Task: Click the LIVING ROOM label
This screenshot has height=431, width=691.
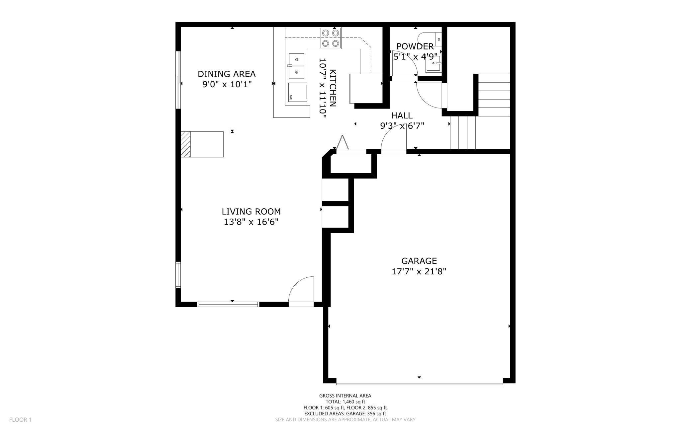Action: coord(251,211)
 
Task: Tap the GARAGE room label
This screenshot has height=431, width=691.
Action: coord(419,261)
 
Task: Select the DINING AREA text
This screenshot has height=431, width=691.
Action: coord(227,74)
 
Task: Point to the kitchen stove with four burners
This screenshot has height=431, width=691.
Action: coord(331,38)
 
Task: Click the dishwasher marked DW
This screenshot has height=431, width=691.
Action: coord(297,92)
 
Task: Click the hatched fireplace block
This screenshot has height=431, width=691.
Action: coord(186,144)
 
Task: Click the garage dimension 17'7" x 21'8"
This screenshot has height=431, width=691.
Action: coord(419,271)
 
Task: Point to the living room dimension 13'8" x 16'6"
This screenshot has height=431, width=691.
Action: coord(251,222)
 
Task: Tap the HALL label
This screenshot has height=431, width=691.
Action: coord(402,115)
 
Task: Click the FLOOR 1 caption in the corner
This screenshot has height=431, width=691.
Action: coord(20,420)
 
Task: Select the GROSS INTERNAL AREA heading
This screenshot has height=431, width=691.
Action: coord(345,395)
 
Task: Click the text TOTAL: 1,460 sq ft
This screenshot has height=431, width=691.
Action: coord(345,401)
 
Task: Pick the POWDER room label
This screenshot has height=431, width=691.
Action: coord(415,46)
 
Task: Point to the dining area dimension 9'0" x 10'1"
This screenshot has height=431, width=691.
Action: coord(227,84)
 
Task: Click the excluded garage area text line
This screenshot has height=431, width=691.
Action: coord(345,414)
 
